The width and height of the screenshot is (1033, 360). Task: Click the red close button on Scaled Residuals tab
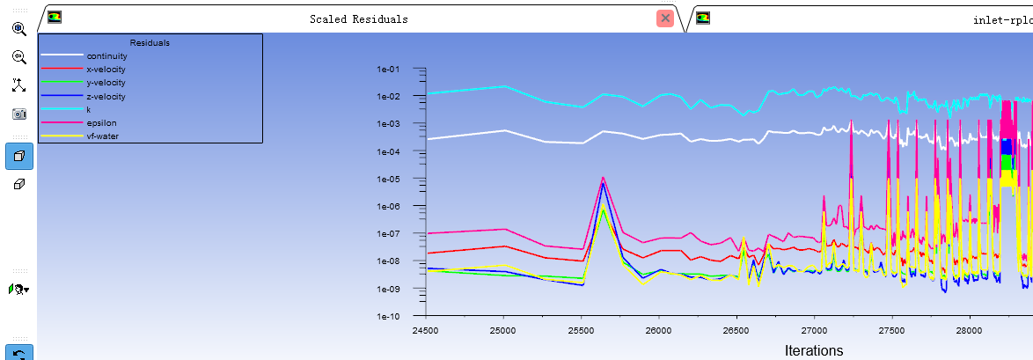665,18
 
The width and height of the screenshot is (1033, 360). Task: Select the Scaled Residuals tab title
358,19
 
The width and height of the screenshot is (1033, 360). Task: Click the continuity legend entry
106,56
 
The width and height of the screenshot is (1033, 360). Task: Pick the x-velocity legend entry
106,70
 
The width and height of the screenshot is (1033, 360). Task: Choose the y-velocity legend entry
106,83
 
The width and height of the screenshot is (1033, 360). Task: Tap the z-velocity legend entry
106,96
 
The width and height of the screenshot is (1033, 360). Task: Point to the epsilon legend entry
101,123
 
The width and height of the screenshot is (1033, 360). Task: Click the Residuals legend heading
150,42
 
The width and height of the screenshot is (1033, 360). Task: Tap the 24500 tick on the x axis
426,329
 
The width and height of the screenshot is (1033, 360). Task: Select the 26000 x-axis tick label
659,329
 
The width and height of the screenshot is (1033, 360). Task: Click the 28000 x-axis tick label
970,329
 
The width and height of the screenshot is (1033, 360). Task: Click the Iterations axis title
814,350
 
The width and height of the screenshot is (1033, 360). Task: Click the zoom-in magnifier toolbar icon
18,29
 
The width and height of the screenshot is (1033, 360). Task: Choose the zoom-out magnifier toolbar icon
18,57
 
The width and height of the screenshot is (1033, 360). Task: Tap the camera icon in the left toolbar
18,114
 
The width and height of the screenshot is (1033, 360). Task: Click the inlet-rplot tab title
1002,19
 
